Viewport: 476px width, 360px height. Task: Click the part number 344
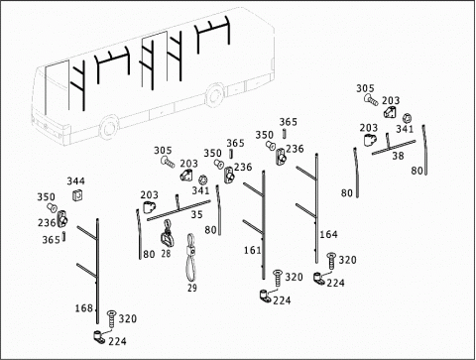click(x=76, y=180)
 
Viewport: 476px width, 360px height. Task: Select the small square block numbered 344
click(x=77, y=195)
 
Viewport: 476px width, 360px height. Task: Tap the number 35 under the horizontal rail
click(x=196, y=214)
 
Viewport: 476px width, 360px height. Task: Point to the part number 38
click(x=398, y=156)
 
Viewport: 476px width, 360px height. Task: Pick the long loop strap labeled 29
click(x=190, y=258)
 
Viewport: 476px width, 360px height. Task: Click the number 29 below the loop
click(x=192, y=288)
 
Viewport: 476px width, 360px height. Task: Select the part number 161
click(x=253, y=250)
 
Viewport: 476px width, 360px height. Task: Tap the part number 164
click(x=328, y=234)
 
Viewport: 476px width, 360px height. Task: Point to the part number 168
click(x=84, y=308)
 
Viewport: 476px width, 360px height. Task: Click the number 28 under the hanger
click(x=166, y=254)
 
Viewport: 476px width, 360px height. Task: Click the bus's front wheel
click(x=109, y=129)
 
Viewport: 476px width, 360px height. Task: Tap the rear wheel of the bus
click(x=215, y=94)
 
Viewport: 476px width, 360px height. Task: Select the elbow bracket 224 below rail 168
click(x=98, y=336)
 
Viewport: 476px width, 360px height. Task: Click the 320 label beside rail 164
click(x=348, y=260)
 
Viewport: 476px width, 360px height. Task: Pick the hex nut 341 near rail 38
click(x=408, y=118)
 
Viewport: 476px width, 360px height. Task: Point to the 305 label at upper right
click(x=365, y=88)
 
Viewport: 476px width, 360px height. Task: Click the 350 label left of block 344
click(x=46, y=197)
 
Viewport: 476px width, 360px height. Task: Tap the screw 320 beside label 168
click(x=111, y=319)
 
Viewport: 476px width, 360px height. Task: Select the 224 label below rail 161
click(x=282, y=300)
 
